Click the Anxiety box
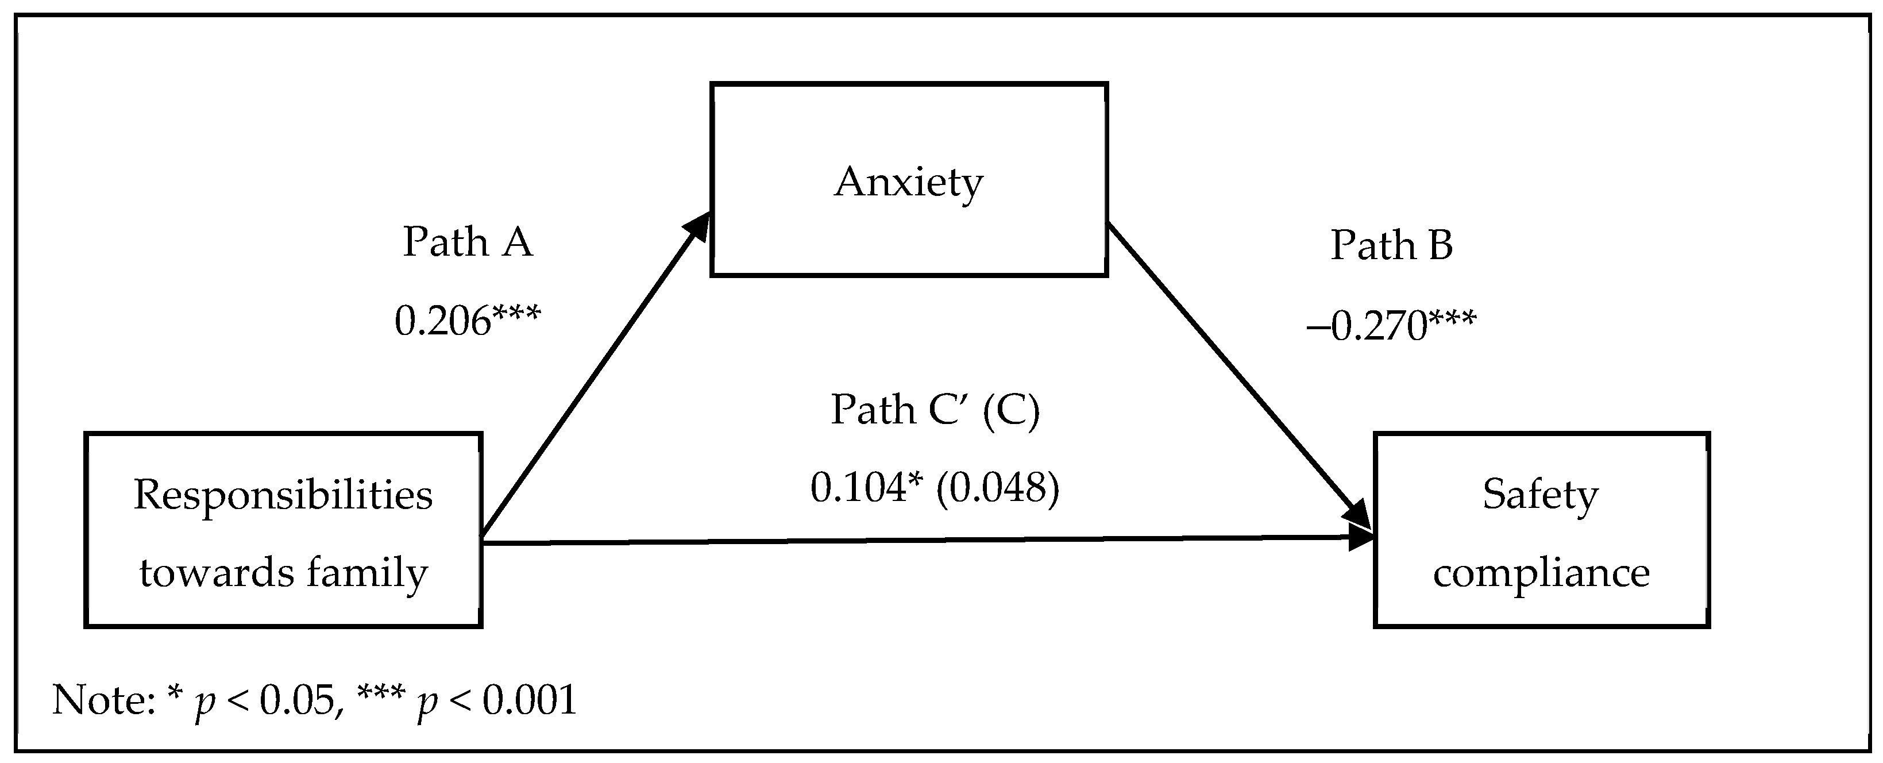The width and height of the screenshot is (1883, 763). tap(909, 180)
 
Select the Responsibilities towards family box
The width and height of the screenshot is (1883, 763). tap(283, 530)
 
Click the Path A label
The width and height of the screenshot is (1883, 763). tap(468, 242)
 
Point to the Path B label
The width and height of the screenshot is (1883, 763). tap(1391, 245)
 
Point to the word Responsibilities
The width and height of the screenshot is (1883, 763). tap(283, 495)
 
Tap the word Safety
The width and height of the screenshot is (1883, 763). tap(1540, 495)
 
